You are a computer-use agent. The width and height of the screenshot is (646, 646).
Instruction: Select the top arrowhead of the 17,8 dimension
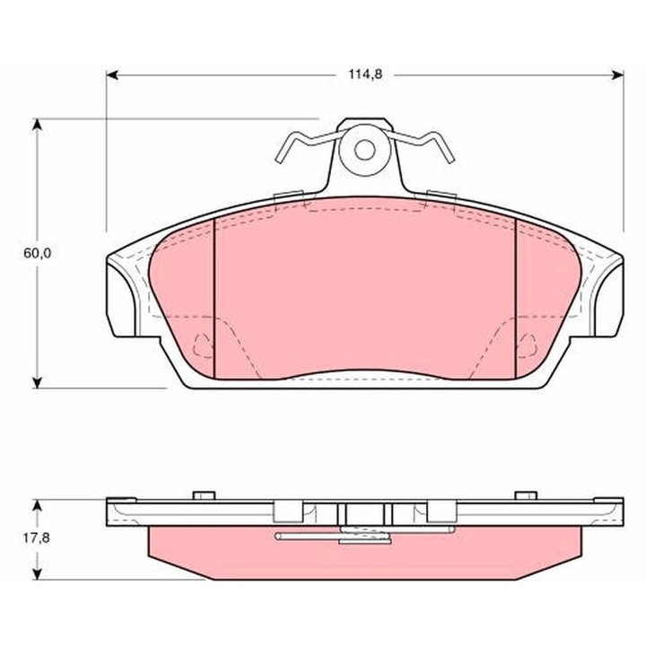[38, 504]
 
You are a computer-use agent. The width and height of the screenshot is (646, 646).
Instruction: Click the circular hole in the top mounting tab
[365, 149]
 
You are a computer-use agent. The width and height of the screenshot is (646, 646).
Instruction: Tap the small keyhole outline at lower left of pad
[204, 342]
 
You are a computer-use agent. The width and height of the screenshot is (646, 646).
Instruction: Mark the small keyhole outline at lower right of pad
[527, 342]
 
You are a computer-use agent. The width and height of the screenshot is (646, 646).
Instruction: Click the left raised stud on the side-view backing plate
[203, 493]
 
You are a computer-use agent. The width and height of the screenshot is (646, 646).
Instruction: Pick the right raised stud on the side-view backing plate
[525, 493]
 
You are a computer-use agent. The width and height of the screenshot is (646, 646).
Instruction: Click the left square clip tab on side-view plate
[286, 511]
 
